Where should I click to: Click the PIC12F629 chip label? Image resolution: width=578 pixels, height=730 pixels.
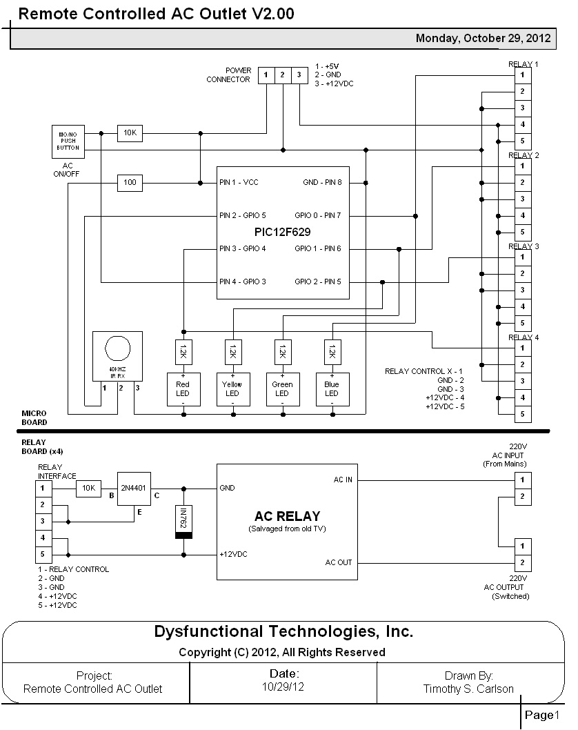tap(283, 233)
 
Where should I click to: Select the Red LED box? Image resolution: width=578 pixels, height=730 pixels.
tap(183, 389)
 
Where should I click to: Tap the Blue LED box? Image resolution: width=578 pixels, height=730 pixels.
tap(332, 389)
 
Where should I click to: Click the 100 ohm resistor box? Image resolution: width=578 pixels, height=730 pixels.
tap(130, 183)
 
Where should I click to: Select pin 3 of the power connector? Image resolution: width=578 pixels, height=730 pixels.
tap(299, 75)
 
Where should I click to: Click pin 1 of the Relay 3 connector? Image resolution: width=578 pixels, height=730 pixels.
tap(522, 257)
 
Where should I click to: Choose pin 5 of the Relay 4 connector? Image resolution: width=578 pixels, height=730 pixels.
tap(522, 414)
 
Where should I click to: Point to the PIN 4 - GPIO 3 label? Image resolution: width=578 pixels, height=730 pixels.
tap(243, 282)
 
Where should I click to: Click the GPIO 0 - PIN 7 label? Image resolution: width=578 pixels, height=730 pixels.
tap(317, 216)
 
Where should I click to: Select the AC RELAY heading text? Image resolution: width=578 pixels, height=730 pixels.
tap(287, 516)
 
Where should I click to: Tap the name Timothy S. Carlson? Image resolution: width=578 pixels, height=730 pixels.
tap(468, 689)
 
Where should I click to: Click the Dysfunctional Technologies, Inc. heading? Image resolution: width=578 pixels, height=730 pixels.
tap(283, 631)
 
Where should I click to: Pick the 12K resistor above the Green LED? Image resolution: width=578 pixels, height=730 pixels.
tap(282, 353)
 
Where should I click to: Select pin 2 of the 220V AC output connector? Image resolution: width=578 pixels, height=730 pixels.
tap(522, 563)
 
